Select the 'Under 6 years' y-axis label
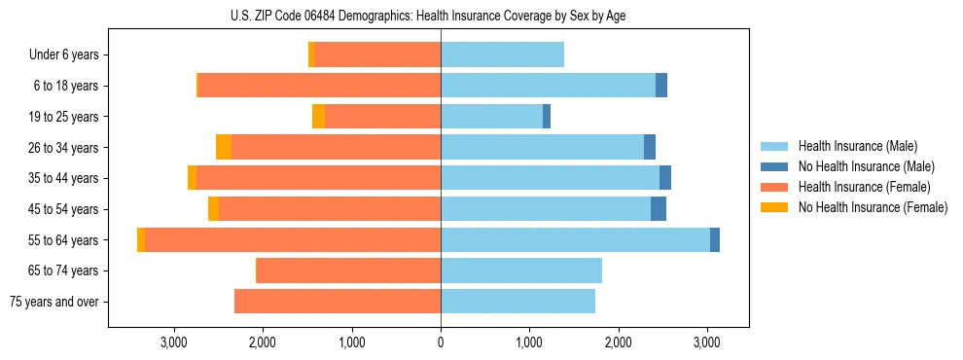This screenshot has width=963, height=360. coord(64,55)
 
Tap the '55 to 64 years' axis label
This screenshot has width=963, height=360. coord(62,240)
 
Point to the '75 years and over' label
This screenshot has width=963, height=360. coord(54,302)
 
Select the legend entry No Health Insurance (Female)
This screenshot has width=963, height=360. coord(872,207)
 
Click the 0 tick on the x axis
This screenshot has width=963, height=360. coord(441,342)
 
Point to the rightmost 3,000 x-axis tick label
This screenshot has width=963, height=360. coord(707,342)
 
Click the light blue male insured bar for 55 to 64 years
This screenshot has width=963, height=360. coord(575,240)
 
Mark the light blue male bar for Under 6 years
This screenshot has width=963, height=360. coord(502,55)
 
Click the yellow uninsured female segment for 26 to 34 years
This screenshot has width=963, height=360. coord(224,148)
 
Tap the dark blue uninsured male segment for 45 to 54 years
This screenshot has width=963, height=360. coord(659,209)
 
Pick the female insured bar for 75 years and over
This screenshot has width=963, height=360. coord(338,302)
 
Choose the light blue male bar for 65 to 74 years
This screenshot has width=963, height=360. coord(521,270)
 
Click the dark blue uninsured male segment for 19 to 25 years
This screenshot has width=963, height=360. coord(547,117)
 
